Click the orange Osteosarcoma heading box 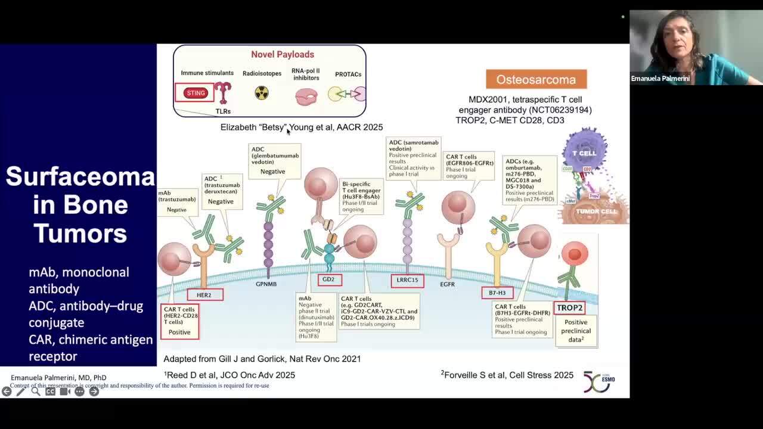536,79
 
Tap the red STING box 196,93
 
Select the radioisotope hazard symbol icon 262,93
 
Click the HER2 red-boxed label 204,295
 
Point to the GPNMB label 266,284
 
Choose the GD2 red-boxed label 329,279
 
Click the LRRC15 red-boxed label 408,280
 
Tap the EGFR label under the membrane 448,284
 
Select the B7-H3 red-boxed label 497,293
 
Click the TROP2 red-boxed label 569,308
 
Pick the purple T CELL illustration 585,150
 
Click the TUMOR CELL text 597,212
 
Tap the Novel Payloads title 283,54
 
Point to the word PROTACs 348,74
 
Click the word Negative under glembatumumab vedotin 272,172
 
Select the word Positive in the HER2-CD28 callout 179,332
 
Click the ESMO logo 598,381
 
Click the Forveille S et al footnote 507,375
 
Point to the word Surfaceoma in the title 80,176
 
